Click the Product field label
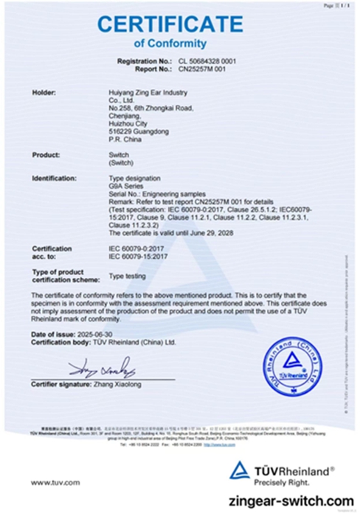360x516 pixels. pos(46,155)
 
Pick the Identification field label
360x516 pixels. pos(55,179)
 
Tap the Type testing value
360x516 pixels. pos(127,275)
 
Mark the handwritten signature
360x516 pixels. pos(101,366)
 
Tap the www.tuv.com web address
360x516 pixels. pos(55,482)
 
